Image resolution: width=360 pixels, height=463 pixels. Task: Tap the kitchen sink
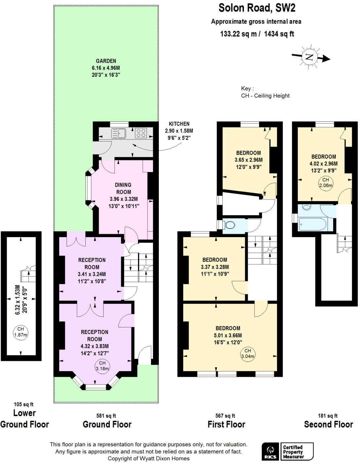pyautogui.click(x=119, y=133)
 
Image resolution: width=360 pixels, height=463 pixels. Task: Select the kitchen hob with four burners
pyautogui.click(x=141, y=133)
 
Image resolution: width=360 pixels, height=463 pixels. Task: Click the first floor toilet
pyautogui.click(x=229, y=225)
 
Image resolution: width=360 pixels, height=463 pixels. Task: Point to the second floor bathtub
pyautogui.click(x=312, y=224)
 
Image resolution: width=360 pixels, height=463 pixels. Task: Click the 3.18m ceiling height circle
pyautogui.click(x=102, y=366)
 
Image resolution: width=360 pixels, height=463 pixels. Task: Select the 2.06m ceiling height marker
pyautogui.click(x=326, y=183)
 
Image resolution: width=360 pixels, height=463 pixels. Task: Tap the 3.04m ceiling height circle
pyautogui.click(x=247, y=354)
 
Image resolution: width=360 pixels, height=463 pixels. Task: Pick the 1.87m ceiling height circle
pyautogui.click(x=21, y=332)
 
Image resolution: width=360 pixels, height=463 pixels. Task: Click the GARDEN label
pyautogui.click(x=106, y=61)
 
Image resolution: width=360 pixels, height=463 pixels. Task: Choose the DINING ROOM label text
pyautogui.click(x=123, y=188)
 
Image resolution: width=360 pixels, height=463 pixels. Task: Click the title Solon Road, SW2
pyautogui.click(x=257, y=8)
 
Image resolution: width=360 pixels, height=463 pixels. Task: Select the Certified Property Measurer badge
pyautogui.click(x=296, y=452)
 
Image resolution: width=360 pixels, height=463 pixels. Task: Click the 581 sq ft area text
pyautogui.click(x=106, y=416)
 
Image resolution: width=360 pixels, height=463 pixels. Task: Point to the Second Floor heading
pyautogui.click(x=328, y=424)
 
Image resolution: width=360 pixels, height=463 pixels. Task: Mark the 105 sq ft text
pyautogui.click(x=23, y=404)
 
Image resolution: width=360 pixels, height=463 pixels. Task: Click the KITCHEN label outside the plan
pyautogui.click(x=179, y=124)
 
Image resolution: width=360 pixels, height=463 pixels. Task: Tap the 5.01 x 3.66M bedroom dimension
pyautogui.click(x=228, y=335)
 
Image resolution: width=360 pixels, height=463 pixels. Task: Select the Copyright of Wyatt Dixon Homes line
pyautogui.click(x=149, y=458)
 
